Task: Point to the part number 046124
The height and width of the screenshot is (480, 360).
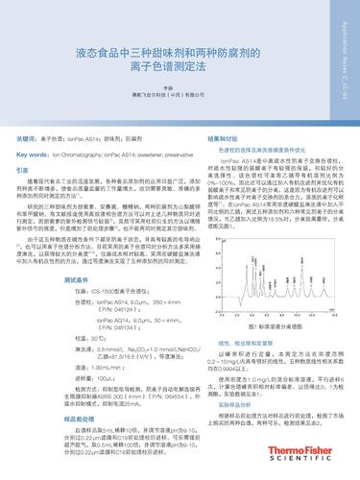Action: [108, 310]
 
